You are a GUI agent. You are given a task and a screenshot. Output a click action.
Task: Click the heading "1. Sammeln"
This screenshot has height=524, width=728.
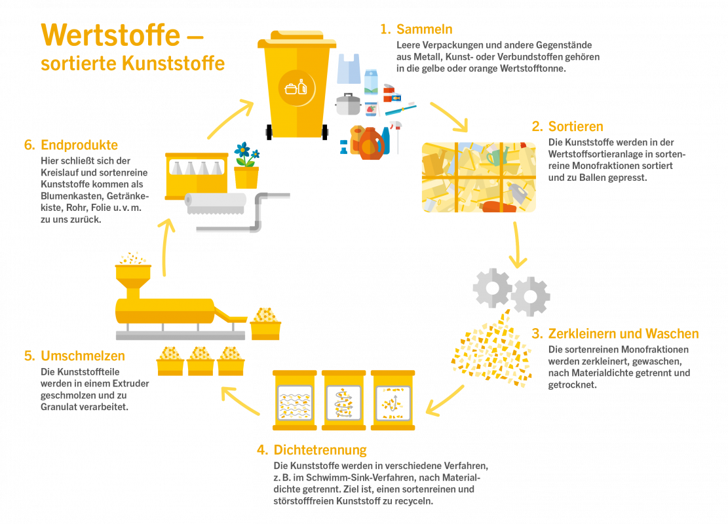[415, 29]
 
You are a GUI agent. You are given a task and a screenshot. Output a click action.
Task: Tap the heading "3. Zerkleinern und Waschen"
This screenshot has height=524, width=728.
[615, 333]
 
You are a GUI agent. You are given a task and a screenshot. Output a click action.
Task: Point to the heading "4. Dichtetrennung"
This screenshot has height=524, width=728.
[311, 450]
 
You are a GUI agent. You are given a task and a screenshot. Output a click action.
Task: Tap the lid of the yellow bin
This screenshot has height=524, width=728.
[296, 39]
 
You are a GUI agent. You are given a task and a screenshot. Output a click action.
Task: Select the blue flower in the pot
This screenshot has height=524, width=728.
[245, 149]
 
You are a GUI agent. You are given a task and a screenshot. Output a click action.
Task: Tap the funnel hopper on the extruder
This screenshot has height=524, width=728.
[133, 280]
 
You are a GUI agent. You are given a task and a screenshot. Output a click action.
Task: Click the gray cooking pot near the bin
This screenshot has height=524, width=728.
[347, 104]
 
